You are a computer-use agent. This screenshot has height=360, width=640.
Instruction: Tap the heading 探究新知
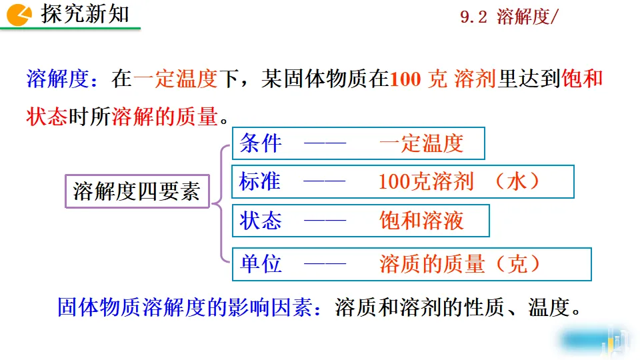(85, 15)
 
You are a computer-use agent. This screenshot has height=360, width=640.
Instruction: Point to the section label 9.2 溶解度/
(508, 18)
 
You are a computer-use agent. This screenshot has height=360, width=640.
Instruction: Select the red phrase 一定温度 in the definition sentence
(176, 79)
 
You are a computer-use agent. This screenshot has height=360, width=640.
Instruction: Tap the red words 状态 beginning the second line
(47, 117)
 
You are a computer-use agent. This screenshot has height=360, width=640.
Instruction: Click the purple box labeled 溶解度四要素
(137, 192)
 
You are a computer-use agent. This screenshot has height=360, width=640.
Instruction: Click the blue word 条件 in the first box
(261, 143)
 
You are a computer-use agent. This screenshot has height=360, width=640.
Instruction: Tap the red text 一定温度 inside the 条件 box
(421, 143)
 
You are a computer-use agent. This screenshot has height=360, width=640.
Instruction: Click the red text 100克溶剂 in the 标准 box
(426, 181)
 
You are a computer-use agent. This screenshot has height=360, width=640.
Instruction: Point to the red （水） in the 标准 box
(517, 181)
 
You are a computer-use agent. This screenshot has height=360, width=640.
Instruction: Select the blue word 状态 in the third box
(261, 221)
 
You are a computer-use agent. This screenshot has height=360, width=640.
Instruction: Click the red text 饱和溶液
(421, 221)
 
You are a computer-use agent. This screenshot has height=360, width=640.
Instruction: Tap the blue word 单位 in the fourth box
(261, 264)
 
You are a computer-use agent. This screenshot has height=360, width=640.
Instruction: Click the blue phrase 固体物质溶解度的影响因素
(184, 307)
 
